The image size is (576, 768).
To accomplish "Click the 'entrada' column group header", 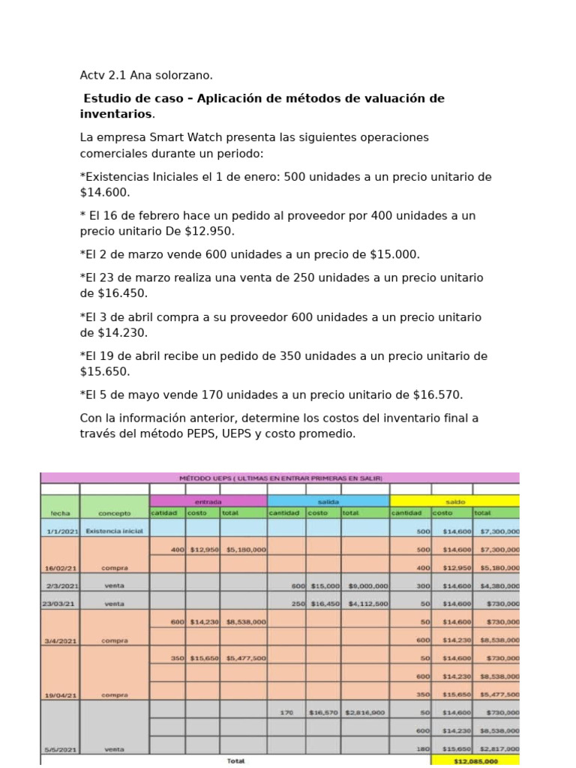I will click(208, 501).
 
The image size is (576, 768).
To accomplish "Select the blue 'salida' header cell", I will click(328, 501).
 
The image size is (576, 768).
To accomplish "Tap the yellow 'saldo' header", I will click(454, 501).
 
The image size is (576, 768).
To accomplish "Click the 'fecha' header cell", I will click(60, 514).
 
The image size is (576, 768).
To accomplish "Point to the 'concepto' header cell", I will click(114, 514).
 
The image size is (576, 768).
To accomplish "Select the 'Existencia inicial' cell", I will click(114, 531).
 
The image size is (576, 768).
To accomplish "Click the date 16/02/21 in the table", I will click(60, 568).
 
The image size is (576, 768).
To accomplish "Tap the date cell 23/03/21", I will click(60, 604).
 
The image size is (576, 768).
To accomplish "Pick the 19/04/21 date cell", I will click(60, 695).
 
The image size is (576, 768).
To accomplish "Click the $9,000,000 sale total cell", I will click(365, 586).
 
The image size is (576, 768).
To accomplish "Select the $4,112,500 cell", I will click(365, 604).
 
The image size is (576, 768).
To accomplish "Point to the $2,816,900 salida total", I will click(365, 713).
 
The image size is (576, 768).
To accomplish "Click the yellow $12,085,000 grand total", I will click(475, 760).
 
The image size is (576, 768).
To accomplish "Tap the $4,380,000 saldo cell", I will click(496, 586).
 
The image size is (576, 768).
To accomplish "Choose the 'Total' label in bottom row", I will click(235, 760).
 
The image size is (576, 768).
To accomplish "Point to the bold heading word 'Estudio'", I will click(107, 99).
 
